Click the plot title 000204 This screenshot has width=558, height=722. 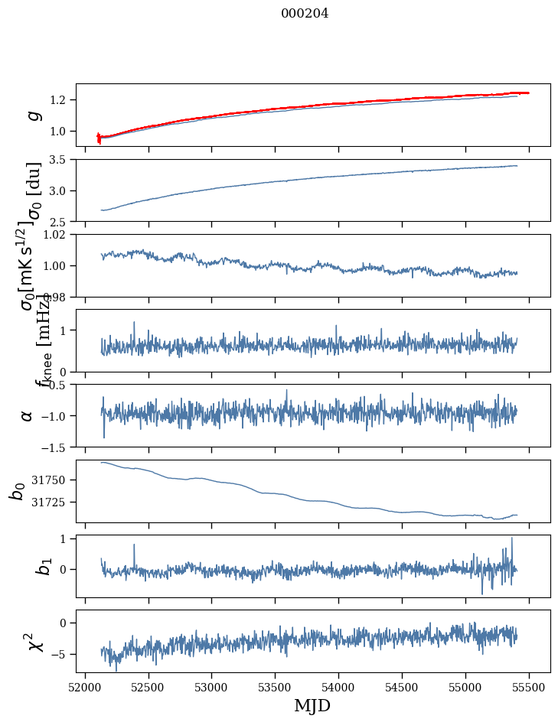coord(305,13)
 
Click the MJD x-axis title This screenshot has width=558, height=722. coord(312,705)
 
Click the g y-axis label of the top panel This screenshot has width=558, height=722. coord(33,115)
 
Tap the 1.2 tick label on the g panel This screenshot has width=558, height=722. coord(60,100)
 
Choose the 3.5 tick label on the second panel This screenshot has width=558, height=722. coord(60,160)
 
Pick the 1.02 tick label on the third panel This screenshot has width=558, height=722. coord(57,235)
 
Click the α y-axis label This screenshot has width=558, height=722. coord(28,415)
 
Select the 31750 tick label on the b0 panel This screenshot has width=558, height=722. coord(52,480)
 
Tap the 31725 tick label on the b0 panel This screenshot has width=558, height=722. coord(52,502)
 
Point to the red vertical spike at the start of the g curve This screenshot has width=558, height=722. coord(99,138)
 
